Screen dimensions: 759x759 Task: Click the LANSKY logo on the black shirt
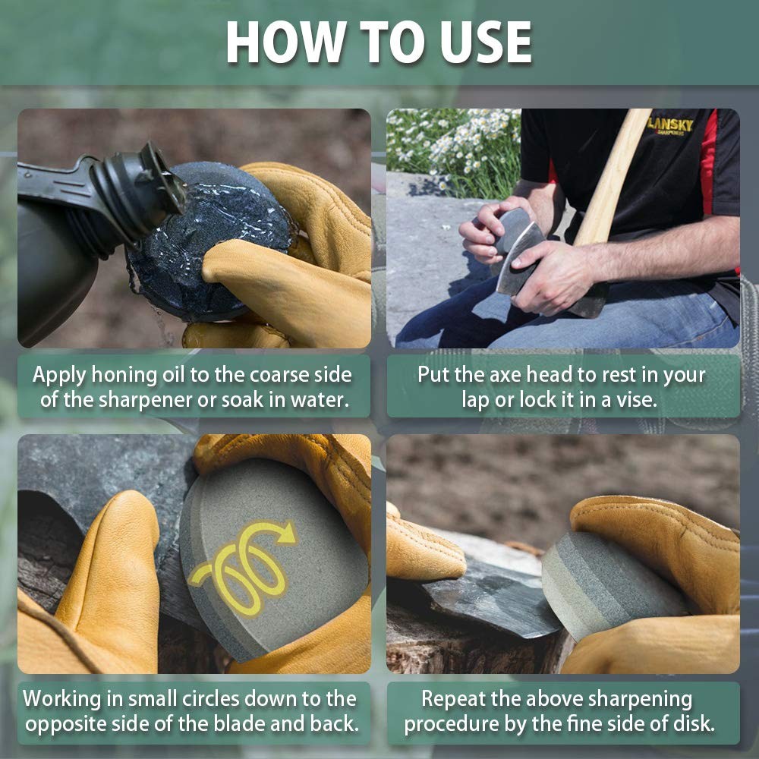pyautogui.click(x=669, y=126)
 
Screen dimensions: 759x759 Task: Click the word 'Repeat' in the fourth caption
pyautogui.click(x=456, y=698)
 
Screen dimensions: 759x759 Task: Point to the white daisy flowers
pyautogui.click(x=455, y=144)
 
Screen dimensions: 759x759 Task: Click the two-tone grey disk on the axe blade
pyautogui.click(x=607, y=584)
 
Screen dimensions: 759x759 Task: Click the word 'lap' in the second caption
pyautogui.click(x=475, y=400)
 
